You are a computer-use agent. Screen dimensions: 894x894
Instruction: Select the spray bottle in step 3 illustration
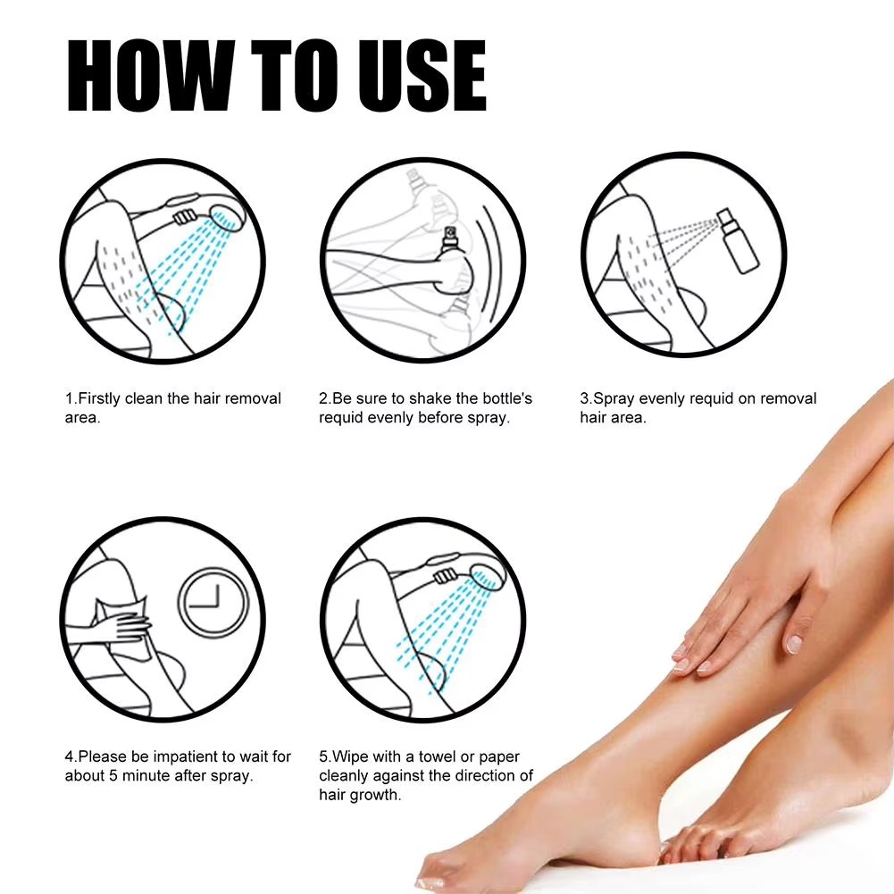[738, 236]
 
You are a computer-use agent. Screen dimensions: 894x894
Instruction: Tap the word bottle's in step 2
[505, 398]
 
